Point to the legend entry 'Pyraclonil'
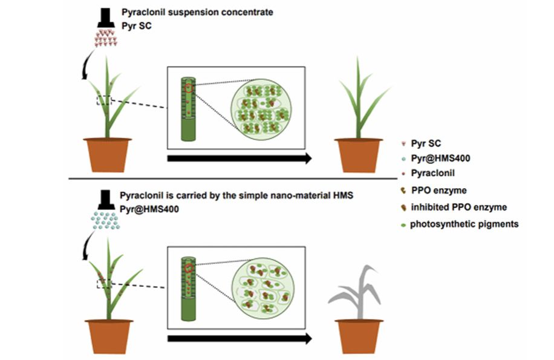click(x=432, y=174)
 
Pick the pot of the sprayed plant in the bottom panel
click(x=109, y=336)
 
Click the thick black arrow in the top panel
click(x=238, y=159)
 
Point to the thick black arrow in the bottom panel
click(x=239, y=338)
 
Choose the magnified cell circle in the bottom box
click(x=259, y=288)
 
